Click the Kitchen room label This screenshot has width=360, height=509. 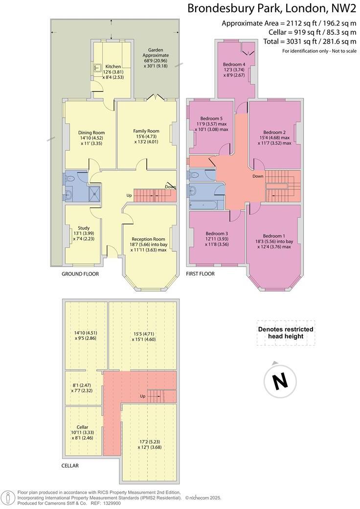coord(113,67)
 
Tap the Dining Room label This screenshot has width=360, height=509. coord(91,133)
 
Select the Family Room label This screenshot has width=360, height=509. coord(146,131)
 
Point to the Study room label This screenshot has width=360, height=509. coord(84,228)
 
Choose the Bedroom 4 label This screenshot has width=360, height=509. coord(234,64)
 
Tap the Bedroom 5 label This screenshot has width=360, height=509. coord(211,118)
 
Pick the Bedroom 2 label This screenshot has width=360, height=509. coord(274,132)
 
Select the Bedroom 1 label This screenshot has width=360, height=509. coord(274,235)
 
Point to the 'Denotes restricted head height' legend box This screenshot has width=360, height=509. coord(286,333)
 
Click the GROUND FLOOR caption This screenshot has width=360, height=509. coord(80,274)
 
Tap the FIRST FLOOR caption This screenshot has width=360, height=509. coord(200,274)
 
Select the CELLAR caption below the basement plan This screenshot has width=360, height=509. coord(70,465)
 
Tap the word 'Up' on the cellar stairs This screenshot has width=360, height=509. coord(143,396)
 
